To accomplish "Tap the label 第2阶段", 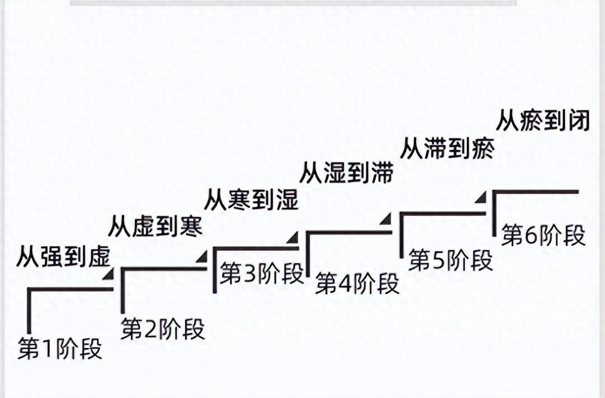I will tap(163, 329).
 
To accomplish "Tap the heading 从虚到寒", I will tap(155, 226).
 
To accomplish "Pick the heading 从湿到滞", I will tap(346, 173).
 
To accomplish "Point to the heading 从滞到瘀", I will tap(447, 148).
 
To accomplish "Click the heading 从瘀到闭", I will tap(543, 121).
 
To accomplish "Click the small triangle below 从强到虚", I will tap(110, 273).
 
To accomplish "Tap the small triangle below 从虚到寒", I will tap(203, 255).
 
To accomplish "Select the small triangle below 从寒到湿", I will tap(294, 236).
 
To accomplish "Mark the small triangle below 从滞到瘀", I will tap(480, 197).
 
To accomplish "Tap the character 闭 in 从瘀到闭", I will tap(580, 121).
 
